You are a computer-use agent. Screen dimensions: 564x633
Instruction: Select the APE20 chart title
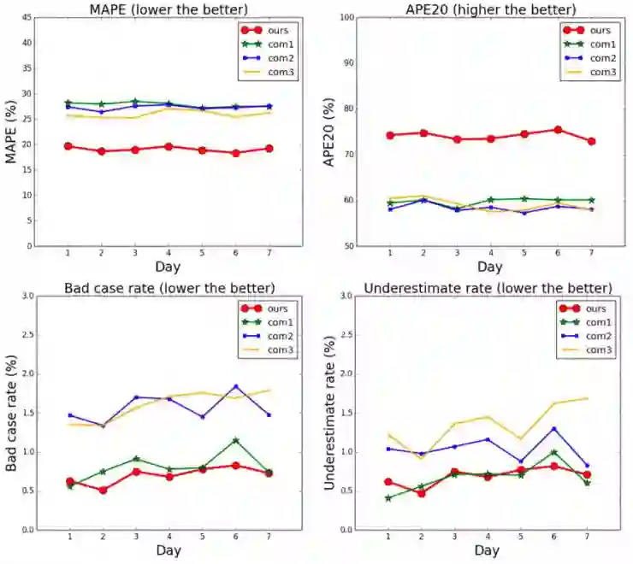point(487,9)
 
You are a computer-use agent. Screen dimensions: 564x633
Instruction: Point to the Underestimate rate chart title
point(488,287)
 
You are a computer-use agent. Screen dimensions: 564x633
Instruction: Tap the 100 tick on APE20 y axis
point(345,17)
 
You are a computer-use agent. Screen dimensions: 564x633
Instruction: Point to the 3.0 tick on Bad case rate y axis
point(27,297)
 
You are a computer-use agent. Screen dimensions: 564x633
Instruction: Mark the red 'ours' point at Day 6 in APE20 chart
point(558,130)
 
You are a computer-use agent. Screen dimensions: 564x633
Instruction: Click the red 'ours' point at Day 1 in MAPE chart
point(68,146)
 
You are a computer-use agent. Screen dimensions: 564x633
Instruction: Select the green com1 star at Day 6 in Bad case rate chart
point(235,441)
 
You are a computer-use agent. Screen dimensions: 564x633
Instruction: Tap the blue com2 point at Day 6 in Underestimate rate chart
point(554,429)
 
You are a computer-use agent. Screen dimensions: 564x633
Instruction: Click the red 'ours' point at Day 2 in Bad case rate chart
point(103,491)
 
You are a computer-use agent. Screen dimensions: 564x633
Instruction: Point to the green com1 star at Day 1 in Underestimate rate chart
point(388,498)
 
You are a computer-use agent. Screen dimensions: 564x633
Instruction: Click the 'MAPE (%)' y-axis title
point(12,132)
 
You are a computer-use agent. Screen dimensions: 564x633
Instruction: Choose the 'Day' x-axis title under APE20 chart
point(487,271)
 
